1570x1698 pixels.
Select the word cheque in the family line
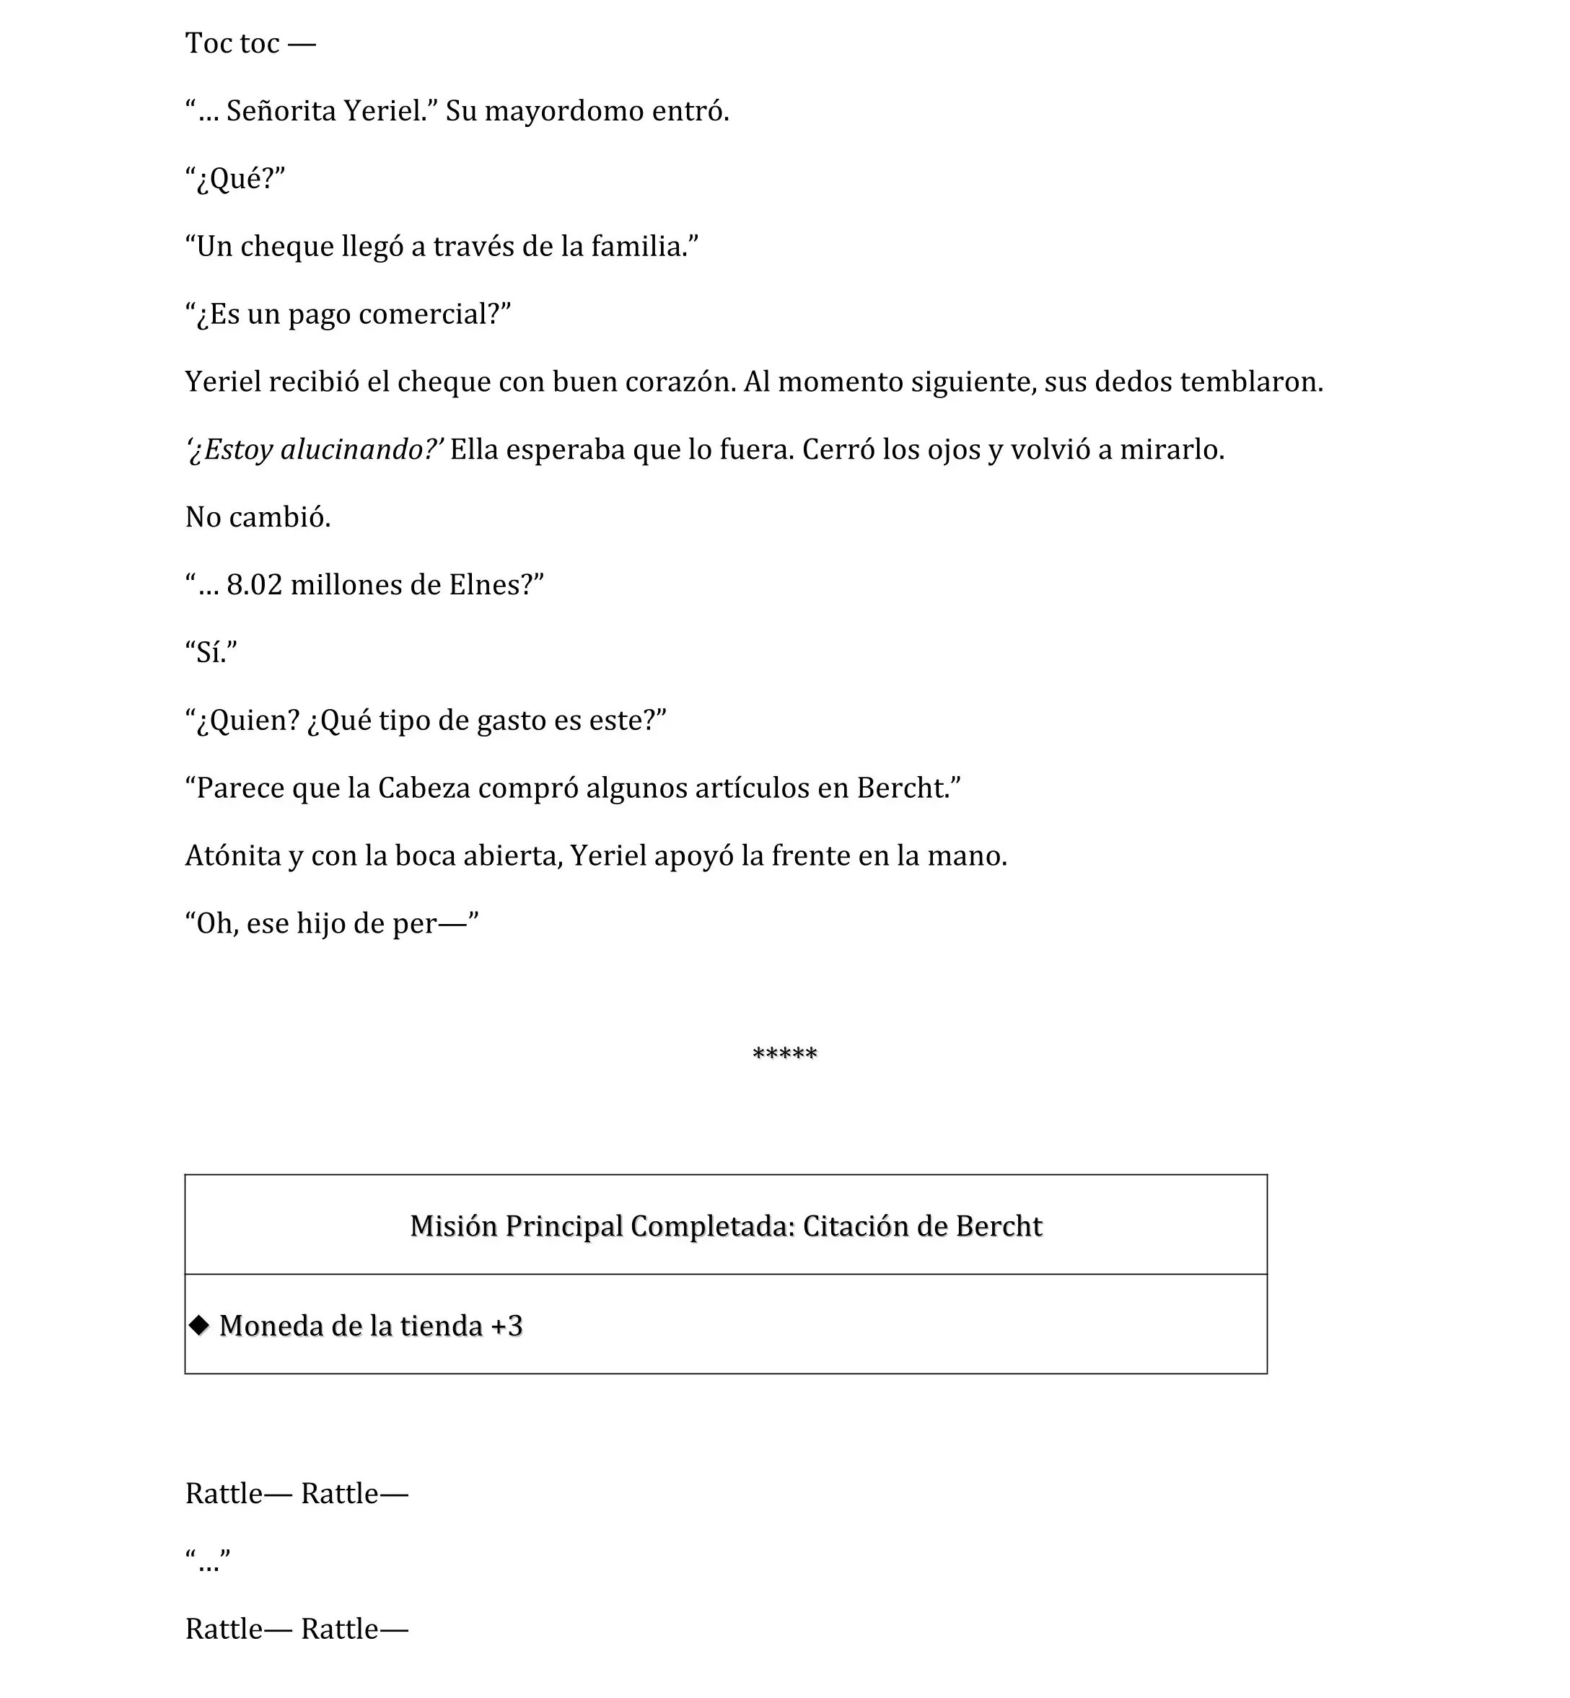coord(286,247)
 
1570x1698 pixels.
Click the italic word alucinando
coord(357,449)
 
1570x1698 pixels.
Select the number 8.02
coord(254,585)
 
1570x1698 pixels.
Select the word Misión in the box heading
coord(454,1226)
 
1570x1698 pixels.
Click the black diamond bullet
coord(200,1325)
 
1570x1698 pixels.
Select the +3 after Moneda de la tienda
coord(506,1326)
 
